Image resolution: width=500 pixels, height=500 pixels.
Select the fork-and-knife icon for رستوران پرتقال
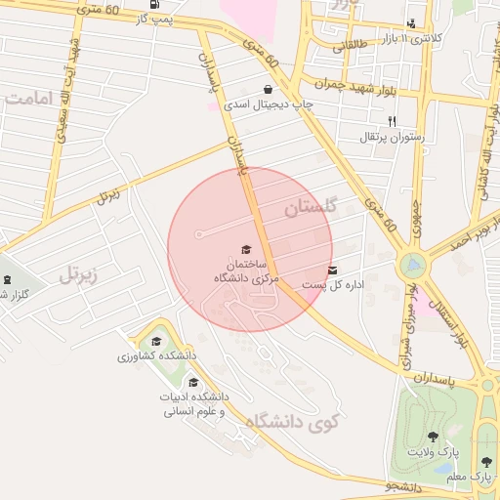[x=392, y=121]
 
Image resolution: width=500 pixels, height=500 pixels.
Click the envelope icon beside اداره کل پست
[x=333, y=270]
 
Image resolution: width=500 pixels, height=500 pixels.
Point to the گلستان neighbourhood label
[x=311, y=207]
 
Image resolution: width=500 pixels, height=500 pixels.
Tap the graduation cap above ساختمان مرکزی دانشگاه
[x=246, y=250]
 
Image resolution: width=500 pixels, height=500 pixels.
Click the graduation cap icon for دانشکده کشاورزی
[x=156, y=341]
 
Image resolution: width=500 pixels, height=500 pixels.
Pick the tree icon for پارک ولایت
[x=433, y=437]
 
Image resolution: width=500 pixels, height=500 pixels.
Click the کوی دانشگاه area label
[x=288, y=422]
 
